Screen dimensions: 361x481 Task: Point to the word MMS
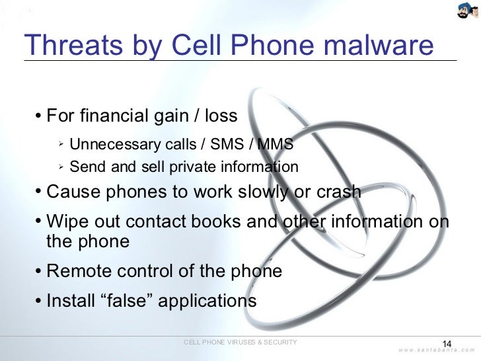276,144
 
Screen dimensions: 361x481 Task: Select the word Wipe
66,221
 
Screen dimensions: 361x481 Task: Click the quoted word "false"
129,301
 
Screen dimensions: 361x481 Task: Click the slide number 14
446,344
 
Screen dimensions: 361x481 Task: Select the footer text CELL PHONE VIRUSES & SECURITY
240,342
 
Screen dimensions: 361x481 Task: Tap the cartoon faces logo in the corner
466,10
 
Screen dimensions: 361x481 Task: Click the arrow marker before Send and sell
59,165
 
